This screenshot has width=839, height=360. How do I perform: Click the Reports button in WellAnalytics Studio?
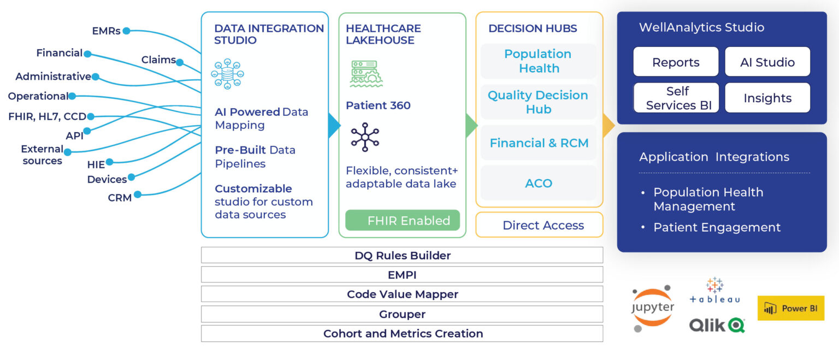tap(676, 62)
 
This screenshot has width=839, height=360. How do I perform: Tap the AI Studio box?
tap(767, 62)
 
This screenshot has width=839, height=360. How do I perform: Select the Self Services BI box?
tap(676, 98)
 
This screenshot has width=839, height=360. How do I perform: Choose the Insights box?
tap(767, 98)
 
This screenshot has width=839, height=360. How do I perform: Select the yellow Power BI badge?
tap(790, 308)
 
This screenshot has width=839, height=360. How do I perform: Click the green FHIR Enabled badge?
tap(403, 221)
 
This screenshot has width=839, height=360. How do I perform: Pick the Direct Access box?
tap(539, 225)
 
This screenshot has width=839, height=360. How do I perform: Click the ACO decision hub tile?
tap(539, 183)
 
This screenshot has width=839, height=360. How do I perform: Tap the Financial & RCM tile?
tap(539, 143)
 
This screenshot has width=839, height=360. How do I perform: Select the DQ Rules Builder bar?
tap(402, 255)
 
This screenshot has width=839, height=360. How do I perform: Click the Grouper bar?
tap(402, 314)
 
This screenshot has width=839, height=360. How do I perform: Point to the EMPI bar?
tap(402, 275)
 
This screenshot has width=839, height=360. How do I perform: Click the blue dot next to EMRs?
tap(126, 31)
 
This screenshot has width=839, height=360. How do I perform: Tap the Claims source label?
tap(158, 60)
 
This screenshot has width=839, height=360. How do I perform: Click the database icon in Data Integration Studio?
tap(227, 74)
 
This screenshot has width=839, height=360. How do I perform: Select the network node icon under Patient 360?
tap(365, 137)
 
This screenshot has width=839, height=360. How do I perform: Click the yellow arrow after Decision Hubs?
tap(608, 126)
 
